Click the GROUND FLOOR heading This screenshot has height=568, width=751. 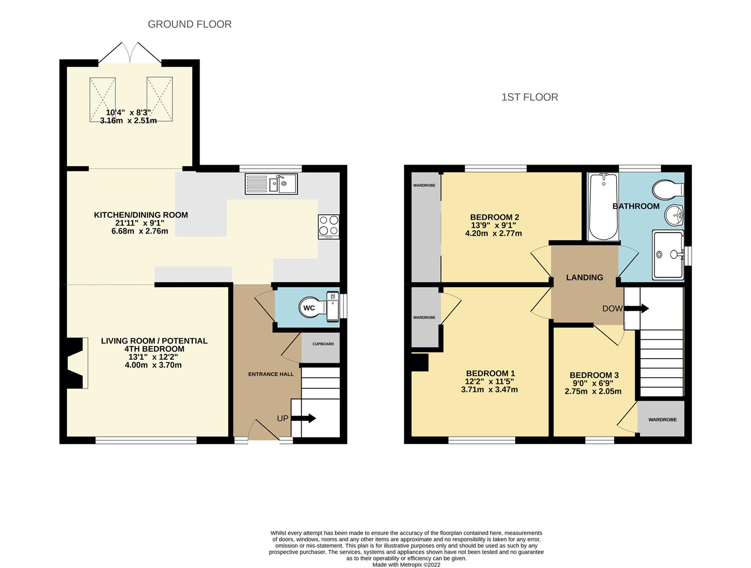click(x=190, y=24)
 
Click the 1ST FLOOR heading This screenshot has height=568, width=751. click(x=529, y=97)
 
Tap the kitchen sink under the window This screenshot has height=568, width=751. click(x=271, y=184)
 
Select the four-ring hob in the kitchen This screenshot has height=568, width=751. click(x=329, y=227)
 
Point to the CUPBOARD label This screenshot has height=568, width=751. click(x=323, y=344)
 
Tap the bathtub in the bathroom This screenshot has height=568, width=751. click(x=603, y=207)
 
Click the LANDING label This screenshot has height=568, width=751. click(x=585, y=278)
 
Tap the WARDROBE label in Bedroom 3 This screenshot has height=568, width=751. click(x=662, y=420)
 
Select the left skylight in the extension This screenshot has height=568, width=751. click(x=102, y=99)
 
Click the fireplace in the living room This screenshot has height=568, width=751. click(x=75, y=363)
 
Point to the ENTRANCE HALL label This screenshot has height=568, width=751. click(x=271, y=374)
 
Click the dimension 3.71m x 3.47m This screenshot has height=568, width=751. click(x=489, y=390)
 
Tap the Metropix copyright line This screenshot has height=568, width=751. click(x=406, y=565)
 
